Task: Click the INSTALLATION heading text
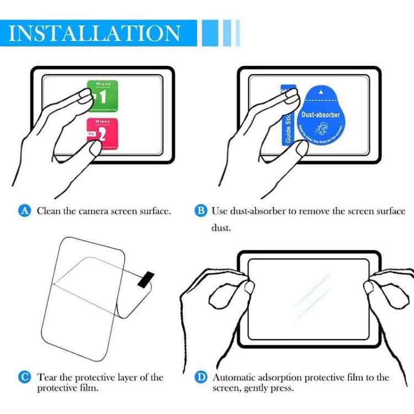(x=95, y=33)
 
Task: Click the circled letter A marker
(x=24, y=210)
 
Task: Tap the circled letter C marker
(x=24, y=377)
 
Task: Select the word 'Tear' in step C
(x=47, y=378)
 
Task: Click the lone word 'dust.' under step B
(x=222, y=227)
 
